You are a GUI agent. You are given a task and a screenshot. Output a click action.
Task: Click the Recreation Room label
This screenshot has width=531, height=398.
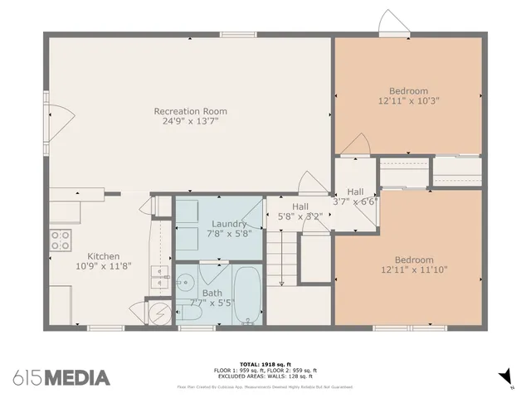190,111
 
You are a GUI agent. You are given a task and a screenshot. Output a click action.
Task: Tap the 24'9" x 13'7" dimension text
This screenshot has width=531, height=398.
190,121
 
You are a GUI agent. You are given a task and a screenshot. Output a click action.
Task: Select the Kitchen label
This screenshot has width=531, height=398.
104,256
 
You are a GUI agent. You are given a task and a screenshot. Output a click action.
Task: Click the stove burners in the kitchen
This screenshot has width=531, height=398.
61,240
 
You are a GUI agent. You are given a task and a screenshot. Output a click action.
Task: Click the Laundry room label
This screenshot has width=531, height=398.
228,224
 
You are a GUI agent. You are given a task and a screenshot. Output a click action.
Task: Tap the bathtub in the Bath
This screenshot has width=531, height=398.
246,295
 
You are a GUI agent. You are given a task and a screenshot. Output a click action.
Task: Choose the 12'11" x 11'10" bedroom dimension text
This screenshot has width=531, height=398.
408,270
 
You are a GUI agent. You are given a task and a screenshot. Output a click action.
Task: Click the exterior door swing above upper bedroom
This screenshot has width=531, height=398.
391,22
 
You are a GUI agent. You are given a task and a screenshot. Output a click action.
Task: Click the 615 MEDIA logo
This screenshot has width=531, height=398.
62,377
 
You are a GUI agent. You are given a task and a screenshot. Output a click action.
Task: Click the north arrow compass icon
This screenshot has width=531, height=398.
505,378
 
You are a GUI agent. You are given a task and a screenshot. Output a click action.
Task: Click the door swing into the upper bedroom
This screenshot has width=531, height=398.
354,144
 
